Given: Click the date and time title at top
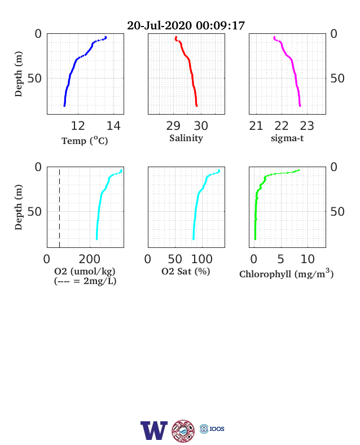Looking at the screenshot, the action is [186, 25].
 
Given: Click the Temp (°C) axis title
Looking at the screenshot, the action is [85, 141].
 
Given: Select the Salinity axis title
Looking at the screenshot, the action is [186, 138].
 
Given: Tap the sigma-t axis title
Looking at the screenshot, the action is [287, 138].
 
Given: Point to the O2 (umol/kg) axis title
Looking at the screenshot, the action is [85, 271].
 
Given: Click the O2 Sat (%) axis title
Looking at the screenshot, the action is [186, 271].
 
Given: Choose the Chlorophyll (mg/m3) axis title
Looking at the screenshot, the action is [286, 273].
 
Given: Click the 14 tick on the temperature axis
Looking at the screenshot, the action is [113, 126].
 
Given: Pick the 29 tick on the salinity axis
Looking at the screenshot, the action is [173, 126].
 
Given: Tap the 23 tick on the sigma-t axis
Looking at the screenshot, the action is [307, 126].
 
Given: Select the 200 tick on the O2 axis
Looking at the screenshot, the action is [90, 259].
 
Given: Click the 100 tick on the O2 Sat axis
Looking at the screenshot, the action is [202, 259].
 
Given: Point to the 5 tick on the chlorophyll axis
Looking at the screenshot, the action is [280, 259].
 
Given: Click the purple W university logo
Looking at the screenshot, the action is [153, 430].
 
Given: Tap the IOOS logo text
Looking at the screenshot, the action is [217, 429].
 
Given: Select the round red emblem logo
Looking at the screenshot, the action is [183, 431].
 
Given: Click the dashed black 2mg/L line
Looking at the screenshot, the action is [59, 207].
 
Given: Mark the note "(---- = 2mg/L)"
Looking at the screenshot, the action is [85, 281].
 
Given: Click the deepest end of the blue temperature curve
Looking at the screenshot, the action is [64, 106].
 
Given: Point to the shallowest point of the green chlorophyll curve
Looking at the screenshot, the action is [298, 171].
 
